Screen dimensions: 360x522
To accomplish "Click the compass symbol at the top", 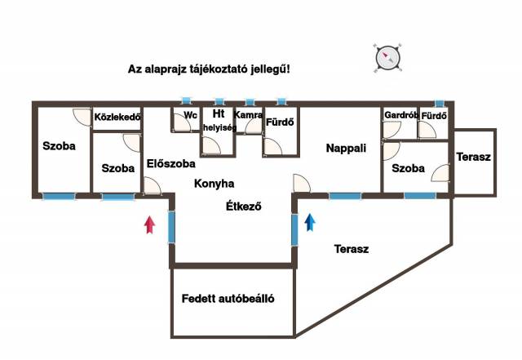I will (x=389, y=57).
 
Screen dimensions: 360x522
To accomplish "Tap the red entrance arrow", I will (x=149, y=224).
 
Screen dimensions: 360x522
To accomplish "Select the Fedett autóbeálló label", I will (x=228, y=299).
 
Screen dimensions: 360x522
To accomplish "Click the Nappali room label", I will (x=346, y=149).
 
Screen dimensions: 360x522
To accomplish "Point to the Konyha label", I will (x=214, y=184).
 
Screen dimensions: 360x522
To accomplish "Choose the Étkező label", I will (x=243, y=207).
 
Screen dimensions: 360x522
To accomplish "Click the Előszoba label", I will (x=171, y=163).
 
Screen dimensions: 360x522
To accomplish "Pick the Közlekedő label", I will (x=118, y=117).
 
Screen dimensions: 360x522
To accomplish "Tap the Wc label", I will (x=191, y=116).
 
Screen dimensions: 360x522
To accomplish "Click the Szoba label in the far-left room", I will (x=59, y=147).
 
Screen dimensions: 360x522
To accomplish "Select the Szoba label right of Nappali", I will (x=408, y=169).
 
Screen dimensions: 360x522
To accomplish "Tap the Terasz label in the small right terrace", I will (x=473, y=157).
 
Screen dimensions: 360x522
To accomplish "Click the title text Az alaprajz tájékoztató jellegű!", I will (x=209, y=69).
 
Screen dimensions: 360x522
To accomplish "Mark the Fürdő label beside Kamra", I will (x=280, y=123).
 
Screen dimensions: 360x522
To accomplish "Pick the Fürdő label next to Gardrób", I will (x=434, y=116).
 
